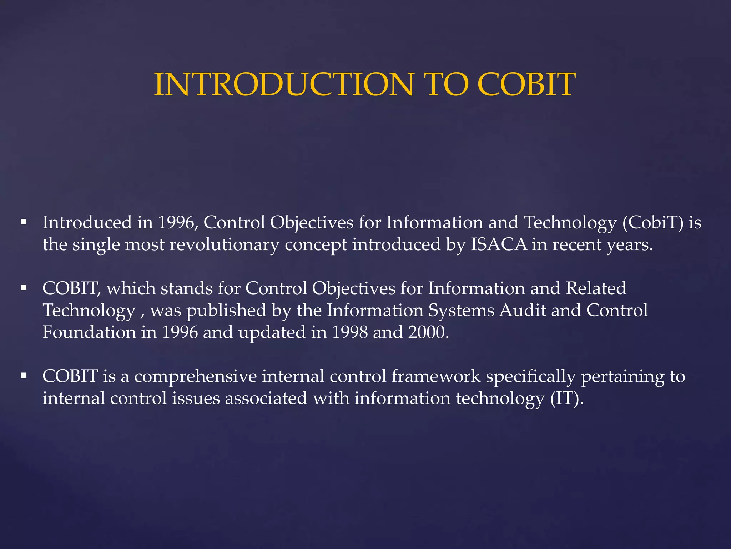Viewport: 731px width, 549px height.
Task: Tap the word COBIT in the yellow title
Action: point(526,85)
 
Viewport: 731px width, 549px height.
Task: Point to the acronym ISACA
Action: point(499,245)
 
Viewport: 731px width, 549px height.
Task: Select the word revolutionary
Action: point(224,245)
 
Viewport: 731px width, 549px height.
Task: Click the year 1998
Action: point(350,332)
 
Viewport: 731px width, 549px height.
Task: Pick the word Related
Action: point(596,288)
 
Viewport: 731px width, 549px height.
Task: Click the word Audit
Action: point(523,310)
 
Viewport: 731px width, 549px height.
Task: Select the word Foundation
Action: point(89,332)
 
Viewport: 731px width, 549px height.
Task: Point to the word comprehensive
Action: point(196,376)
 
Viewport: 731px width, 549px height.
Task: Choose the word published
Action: point(226,310)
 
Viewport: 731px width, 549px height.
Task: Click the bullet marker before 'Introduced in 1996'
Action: point(24,222)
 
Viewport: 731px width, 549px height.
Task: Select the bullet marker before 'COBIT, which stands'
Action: point(24,288)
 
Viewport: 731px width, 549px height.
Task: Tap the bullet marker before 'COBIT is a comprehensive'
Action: point(24,376)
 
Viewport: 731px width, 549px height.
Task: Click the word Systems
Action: point(461,310)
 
